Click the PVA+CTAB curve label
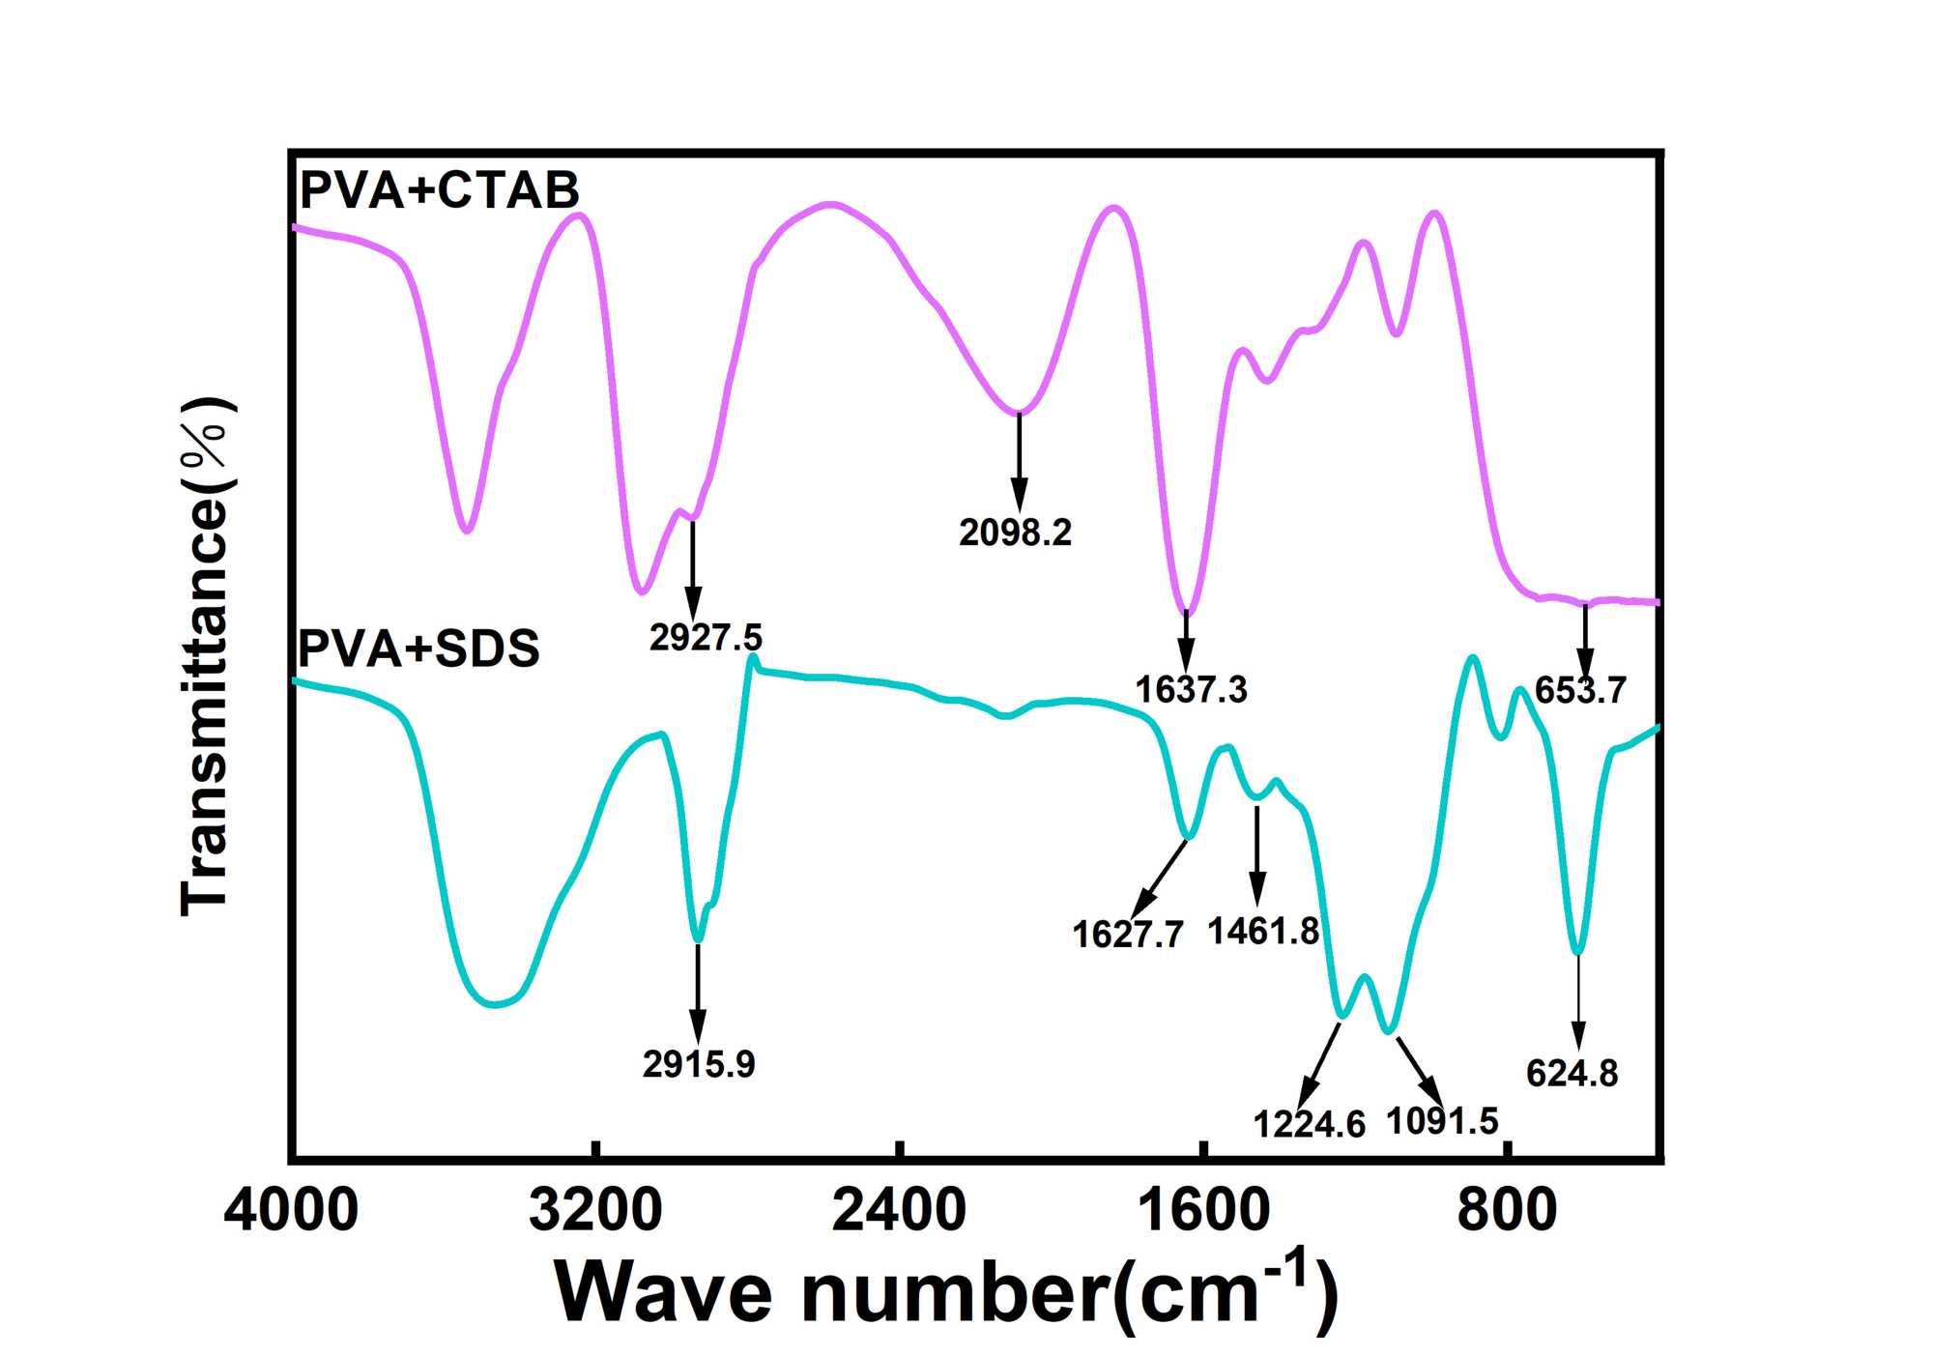440,189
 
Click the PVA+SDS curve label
418,648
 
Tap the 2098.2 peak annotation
1015,533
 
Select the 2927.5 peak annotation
706,638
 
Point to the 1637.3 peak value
1191,690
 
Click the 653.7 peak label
1580,690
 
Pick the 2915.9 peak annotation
698,1064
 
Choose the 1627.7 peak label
1127,935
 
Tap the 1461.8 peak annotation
1262,932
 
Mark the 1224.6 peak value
1309,1124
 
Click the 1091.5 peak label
1442,1121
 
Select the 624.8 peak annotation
1572,1074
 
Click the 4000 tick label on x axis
291,1210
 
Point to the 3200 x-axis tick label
595,1210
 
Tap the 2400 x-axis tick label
899,1210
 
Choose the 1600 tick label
1203,1210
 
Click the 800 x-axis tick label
1507,1210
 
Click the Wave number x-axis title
947,1291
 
